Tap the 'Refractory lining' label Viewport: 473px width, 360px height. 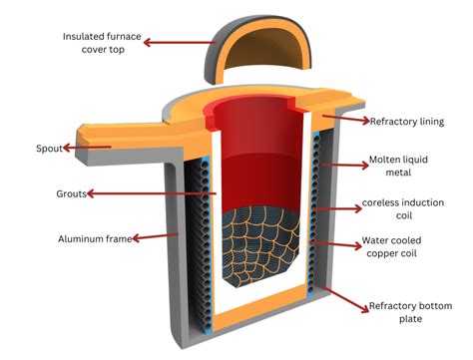407,121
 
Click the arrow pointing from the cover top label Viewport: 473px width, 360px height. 180,42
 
